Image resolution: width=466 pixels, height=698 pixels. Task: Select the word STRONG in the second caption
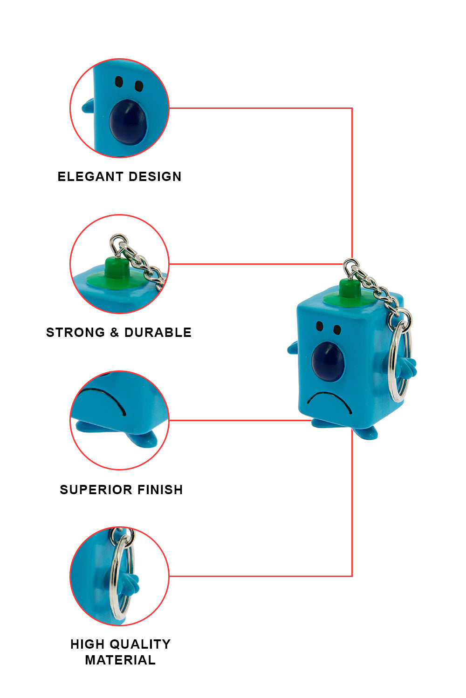pos(75,333)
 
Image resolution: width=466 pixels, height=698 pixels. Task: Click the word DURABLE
pos(158,333)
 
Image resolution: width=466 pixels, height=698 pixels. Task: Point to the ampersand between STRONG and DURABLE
pos(115,333)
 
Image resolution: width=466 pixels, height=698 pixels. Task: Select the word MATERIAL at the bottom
pos(120,660)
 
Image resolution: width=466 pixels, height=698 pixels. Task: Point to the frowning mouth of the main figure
pos(329,401)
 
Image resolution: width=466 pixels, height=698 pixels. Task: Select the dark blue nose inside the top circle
pos(128,122)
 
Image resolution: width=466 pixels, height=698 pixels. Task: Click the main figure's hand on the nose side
pos(293,348)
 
